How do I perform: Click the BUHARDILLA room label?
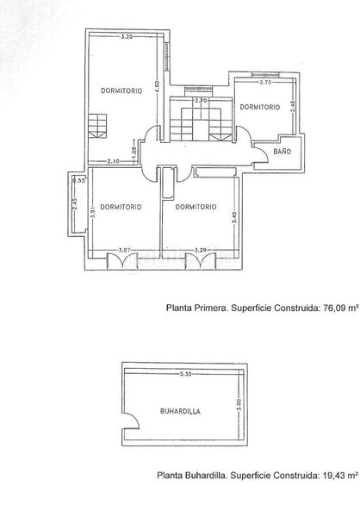coord(180,413)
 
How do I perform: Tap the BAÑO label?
coord(282,152)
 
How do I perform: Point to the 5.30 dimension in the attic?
coord(186,374)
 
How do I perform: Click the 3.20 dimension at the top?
coord(127,36)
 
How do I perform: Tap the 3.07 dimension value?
coord(124,250)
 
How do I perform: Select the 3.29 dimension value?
coord(201,250)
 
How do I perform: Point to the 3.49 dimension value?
coord(233,220)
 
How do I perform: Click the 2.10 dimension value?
coord(113,162)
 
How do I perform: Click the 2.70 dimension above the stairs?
coord(201,102)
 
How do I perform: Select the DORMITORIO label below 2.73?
coord(260,107)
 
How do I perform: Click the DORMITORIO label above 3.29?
coord(195,207)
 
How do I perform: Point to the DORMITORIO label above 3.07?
coord(120,207)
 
